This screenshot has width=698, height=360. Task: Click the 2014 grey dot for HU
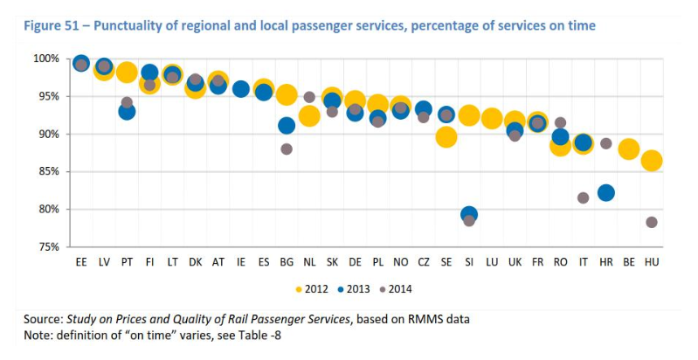tap(652, 222)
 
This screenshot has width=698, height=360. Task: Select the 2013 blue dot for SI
tap(469, 214)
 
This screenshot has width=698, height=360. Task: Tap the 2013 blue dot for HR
tap(606, 192)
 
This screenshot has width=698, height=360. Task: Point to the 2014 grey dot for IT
tap(583, 197)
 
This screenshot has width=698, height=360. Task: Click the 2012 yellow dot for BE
tap(628, 149)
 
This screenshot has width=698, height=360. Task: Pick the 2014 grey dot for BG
tap(287, 149)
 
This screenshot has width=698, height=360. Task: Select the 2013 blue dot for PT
tap(127, 111)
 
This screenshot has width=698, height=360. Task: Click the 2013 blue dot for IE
tap(241, 88)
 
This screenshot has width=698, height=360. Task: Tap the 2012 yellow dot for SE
tap(446, 136)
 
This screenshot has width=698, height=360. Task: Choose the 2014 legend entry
tap(394, 288)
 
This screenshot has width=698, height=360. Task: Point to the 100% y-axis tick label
tap(45, 59)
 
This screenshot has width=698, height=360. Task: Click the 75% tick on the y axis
tap(48, 246)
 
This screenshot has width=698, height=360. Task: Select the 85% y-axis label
tap(48, 171)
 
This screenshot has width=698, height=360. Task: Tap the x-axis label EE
tap(81, 261)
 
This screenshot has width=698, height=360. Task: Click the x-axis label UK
tap(515, 261)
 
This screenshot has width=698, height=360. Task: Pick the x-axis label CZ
tap(424, 261)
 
